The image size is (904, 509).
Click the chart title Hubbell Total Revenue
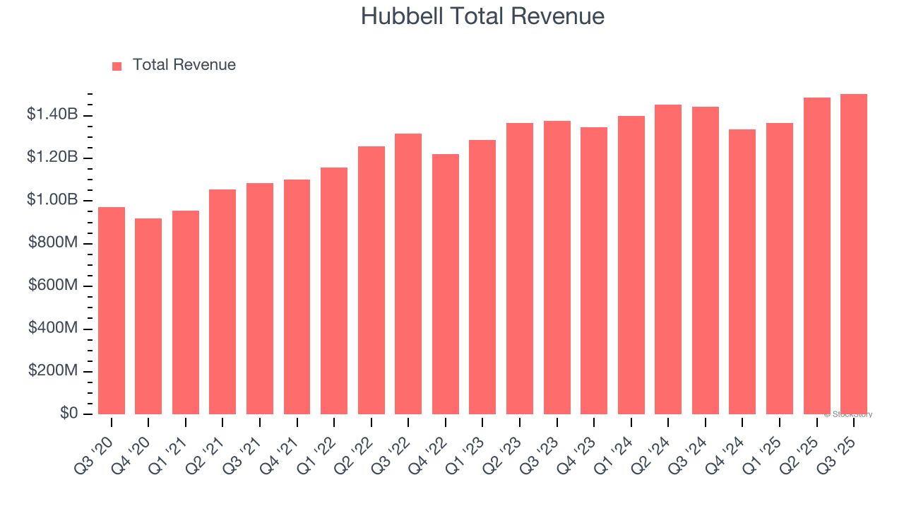click(482, 16)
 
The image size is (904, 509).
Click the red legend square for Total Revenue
click(117, 66)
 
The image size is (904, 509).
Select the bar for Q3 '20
click(112, 310)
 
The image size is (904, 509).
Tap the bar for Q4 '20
click(148, 316)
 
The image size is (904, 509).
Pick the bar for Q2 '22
click(371, 280)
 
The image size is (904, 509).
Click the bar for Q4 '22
click(446, 284)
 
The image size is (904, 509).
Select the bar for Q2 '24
click(668, 259)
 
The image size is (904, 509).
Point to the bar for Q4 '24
click(742, 271)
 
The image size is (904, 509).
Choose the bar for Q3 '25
click(854, 255)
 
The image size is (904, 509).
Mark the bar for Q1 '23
click(482, 277)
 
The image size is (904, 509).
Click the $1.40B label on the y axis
click(52, 115)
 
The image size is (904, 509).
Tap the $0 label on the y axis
click(69, 414)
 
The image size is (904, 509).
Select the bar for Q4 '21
click(297, 297)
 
